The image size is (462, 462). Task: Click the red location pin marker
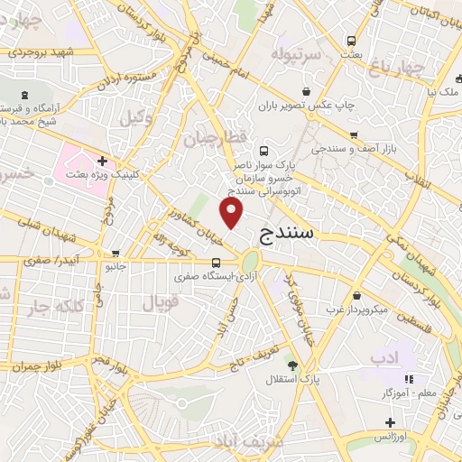[233, 213]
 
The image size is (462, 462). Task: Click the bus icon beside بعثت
[349, 42]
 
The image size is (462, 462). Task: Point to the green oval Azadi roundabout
[249, 263]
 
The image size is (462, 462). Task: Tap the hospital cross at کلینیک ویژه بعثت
[103, 160]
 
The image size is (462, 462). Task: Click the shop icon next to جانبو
[114, 254]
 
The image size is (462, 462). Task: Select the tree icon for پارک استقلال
[291, 364]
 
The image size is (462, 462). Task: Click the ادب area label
[383, 358]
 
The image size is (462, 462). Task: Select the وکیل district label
[135, 115]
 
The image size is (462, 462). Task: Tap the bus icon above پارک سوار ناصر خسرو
[263, 151]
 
